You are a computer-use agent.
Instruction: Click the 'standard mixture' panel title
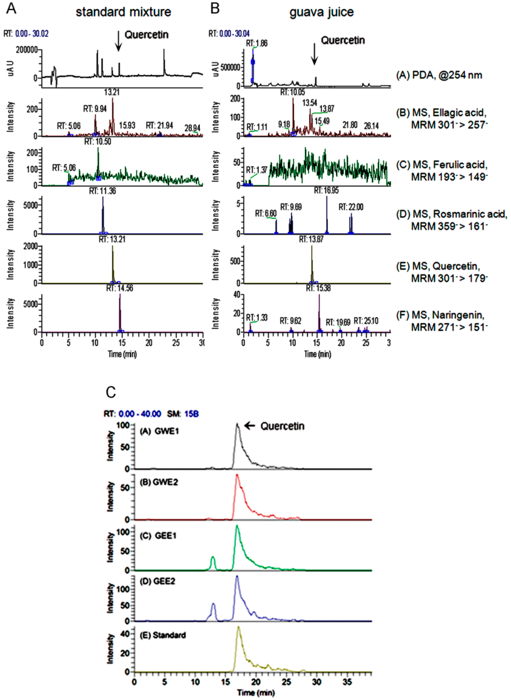click(x=123, y=12)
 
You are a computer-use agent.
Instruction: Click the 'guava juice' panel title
click(x=321, y=12)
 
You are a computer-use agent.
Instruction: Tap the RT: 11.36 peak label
click(x=103, y=191)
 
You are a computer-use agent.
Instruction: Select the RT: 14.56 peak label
click(x=120, y=288)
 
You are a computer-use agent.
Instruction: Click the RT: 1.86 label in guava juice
click(x=257, y=43)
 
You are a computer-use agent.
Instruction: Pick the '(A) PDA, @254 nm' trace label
click(x=439, y=75)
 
